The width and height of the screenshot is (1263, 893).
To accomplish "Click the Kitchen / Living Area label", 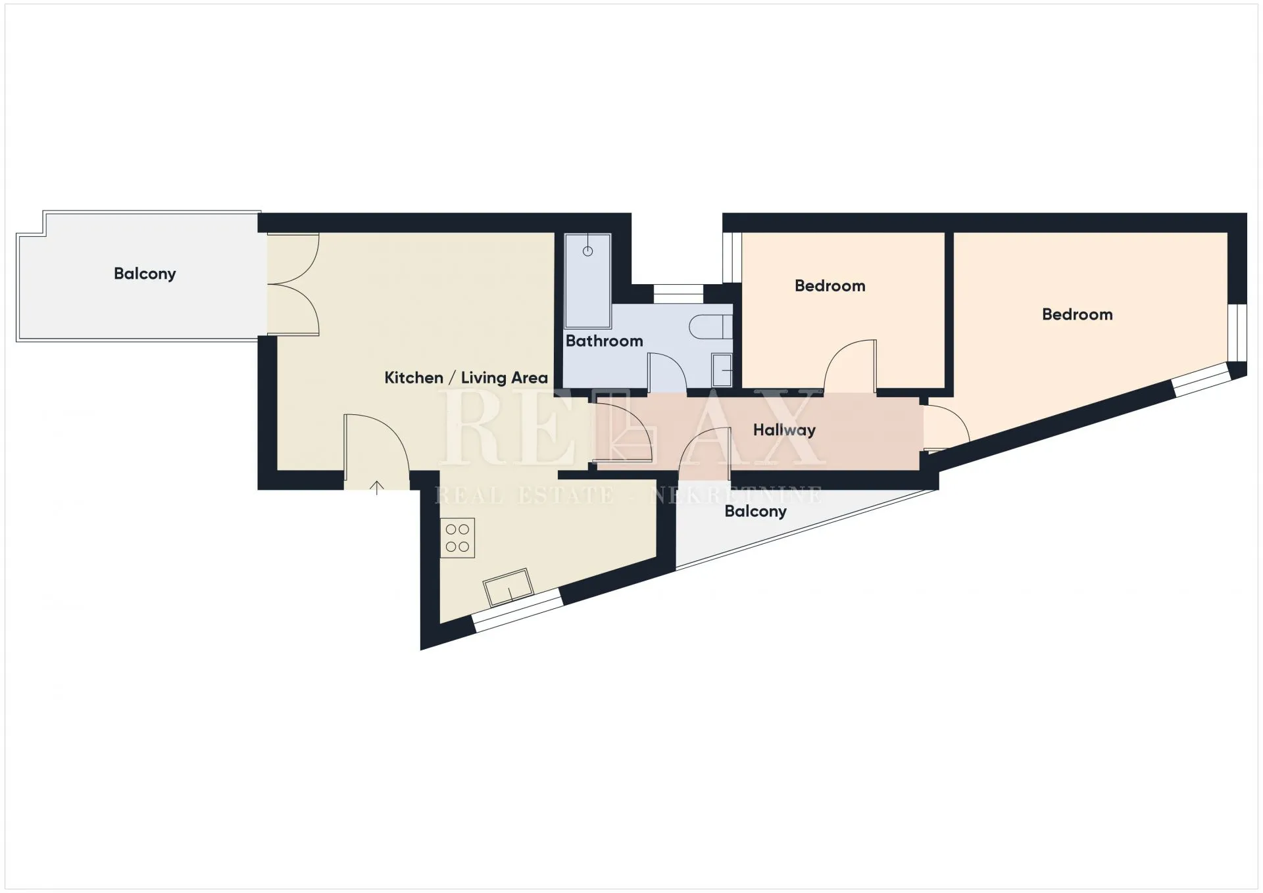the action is coord(466,378).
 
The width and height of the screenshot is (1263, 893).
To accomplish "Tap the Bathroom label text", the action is coord(604,341).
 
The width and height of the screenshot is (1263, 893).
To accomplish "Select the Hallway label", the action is coord(784,430).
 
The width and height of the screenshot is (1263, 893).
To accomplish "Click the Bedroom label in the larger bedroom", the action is coord(1077,314).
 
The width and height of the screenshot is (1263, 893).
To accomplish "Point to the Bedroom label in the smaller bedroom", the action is coord(830,285).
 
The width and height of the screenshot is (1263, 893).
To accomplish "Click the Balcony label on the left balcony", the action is coord(145,274).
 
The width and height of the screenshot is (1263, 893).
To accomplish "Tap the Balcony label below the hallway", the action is coord(755,512).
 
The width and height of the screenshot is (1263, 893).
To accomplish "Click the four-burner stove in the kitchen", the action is coord(457,538).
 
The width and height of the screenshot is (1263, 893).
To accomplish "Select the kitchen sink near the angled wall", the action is coord(508,587).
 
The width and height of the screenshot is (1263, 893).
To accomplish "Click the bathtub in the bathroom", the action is coord(588,281).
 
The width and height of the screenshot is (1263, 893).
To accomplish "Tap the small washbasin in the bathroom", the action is coord(722,370).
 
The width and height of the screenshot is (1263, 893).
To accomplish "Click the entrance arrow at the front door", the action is coord(376,487).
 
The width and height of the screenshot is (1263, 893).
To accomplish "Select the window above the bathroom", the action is coord(678,294).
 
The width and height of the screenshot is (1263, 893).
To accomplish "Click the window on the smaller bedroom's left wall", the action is coord(732,257).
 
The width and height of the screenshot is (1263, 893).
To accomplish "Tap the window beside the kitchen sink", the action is coord(518,610).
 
